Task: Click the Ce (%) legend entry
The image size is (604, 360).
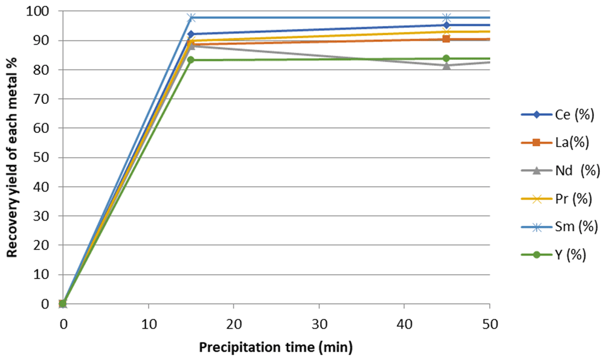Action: [557, 115]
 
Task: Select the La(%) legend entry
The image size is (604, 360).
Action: [555, 143]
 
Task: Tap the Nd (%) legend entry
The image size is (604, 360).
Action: [561, 170]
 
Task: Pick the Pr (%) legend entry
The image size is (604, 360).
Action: [557, 199]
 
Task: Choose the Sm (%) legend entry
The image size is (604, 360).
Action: [559, 227]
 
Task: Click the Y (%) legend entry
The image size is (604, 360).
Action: [553, 254]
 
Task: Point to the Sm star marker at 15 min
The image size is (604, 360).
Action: [191, 18]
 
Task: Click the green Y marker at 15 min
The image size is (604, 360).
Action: [191, 60]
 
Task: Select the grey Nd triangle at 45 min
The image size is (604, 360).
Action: [446, 65]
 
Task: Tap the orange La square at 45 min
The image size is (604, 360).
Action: [446, 39]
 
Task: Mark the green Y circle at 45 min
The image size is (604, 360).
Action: [446, 58]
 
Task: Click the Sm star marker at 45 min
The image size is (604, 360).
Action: [446, 18]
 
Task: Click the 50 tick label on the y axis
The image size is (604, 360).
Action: [42, 157]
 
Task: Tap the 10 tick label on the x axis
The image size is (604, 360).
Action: [149, 324]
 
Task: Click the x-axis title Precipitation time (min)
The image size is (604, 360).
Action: [276, 347]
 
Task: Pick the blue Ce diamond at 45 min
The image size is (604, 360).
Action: [446, 25]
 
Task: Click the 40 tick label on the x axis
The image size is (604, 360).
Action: [405, 324]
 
